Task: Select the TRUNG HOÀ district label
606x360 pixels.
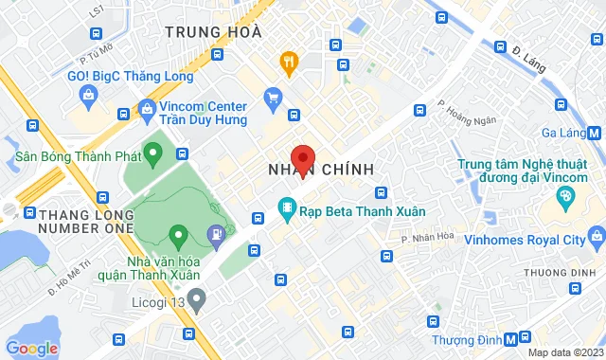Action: click(x=212, y=31)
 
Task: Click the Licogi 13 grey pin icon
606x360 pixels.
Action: click(x=196, y=302)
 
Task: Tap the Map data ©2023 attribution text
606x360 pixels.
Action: click(x=564, y=352)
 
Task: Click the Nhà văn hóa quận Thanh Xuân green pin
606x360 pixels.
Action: click(x=177, y=233)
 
